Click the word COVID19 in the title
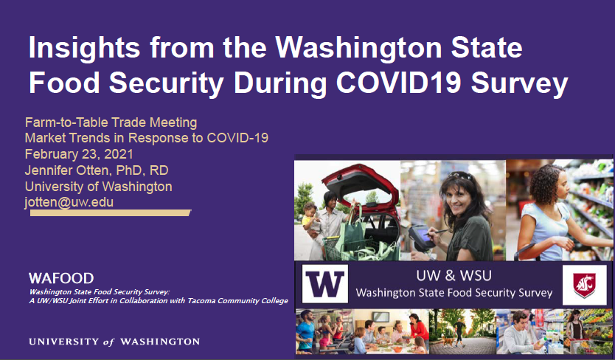398,83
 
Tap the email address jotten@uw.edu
69,202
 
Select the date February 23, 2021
79,154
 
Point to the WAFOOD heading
61,278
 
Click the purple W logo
324,284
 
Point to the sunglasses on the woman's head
460,176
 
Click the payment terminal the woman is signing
422,237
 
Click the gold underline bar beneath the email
111,212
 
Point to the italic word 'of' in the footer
108,342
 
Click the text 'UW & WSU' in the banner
454,276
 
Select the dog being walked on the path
447,340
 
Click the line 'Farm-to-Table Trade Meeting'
111,122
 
